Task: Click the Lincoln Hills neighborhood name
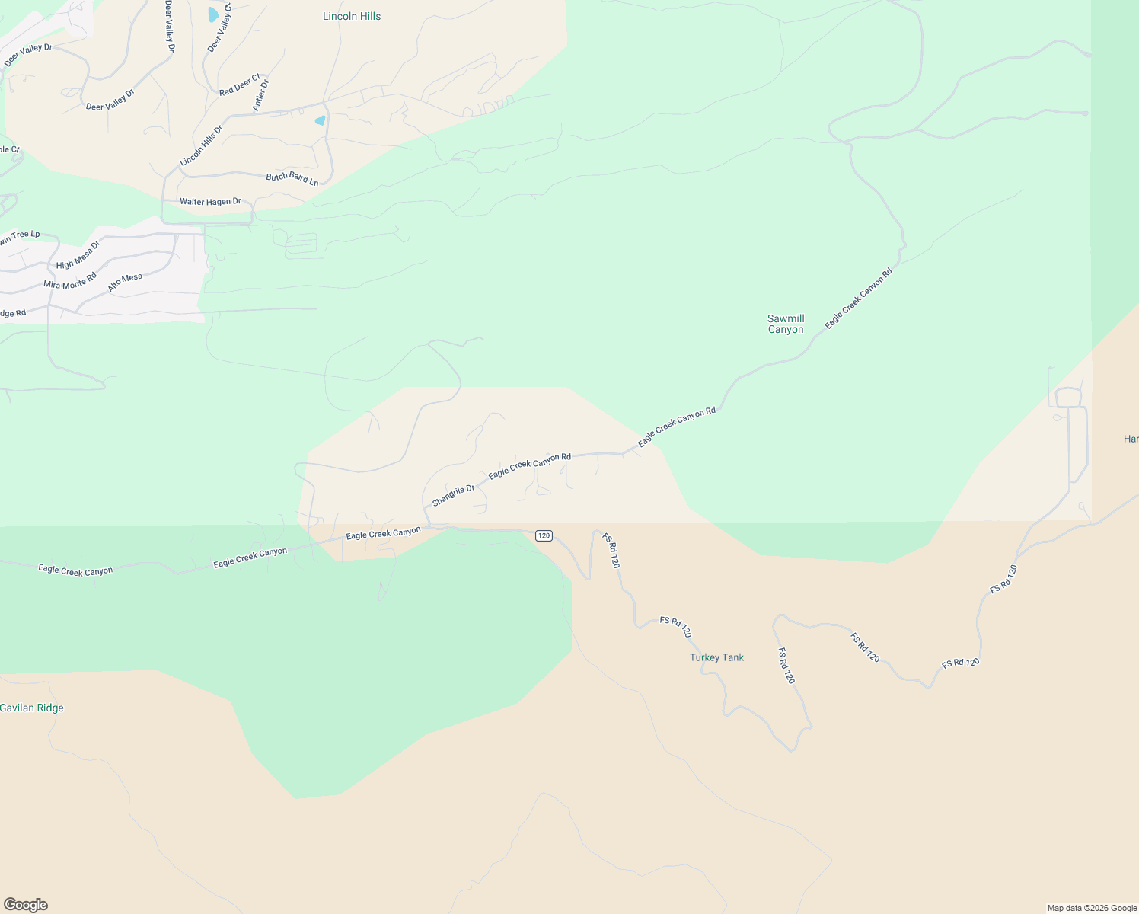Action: (352, 16)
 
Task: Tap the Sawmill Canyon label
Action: (786, 324)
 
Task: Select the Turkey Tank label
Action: (716, 657)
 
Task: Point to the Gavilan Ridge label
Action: (32, 708)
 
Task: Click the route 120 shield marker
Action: (544, 535)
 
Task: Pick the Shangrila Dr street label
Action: (453, 496)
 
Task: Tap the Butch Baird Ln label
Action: (292, 179)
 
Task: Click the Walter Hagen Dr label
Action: (210, 202)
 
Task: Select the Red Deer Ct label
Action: (239, 85)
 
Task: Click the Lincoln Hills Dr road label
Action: (202, 146)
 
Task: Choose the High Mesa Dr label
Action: (78, 255)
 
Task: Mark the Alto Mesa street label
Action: (125, 282)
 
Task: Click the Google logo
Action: (26, 905)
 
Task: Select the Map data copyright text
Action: (1092, 908)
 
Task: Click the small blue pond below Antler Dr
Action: (320, 120)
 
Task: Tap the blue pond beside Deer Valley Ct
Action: (213, 14)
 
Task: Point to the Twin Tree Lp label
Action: (19, 238)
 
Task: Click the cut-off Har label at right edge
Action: (1131, 439)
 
